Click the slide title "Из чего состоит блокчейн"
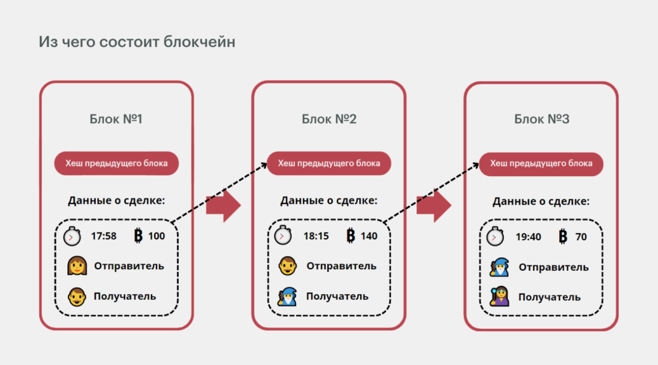coord(137,42)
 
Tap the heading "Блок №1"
coord(116,119)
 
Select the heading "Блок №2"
coord(329,119)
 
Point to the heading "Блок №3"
coord(542,119)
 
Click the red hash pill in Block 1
coord(116,163)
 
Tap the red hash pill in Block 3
coord(541,163)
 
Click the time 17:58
coord(104,236)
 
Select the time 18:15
coord(316,236)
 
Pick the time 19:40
coord(528,237)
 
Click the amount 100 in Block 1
coord(157,236)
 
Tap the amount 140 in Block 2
coord(369,236)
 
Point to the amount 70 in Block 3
coord(581,237)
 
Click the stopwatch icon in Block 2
coord(283,235)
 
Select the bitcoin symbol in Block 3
coord(563,236)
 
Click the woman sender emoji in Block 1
coord(77,266)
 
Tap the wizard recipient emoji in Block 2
coord(287,296)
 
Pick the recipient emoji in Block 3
coord(500,297)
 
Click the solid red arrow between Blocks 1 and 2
coord(223,206)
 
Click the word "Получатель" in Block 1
coord(125,297)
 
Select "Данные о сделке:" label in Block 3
coord(541,202)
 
